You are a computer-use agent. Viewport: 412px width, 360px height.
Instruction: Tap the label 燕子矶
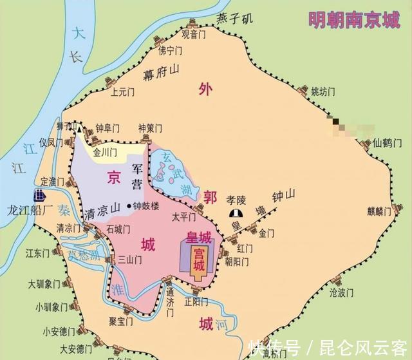(232, 18)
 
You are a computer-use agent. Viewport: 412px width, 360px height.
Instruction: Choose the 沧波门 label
(342, 292)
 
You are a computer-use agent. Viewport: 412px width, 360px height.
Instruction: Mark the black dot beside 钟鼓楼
(129, 207)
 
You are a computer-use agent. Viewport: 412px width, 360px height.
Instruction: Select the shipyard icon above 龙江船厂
(40, 195)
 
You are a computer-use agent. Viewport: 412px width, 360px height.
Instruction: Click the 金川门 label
(106, 153)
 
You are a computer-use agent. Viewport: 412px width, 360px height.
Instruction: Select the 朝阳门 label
(237, 261)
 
